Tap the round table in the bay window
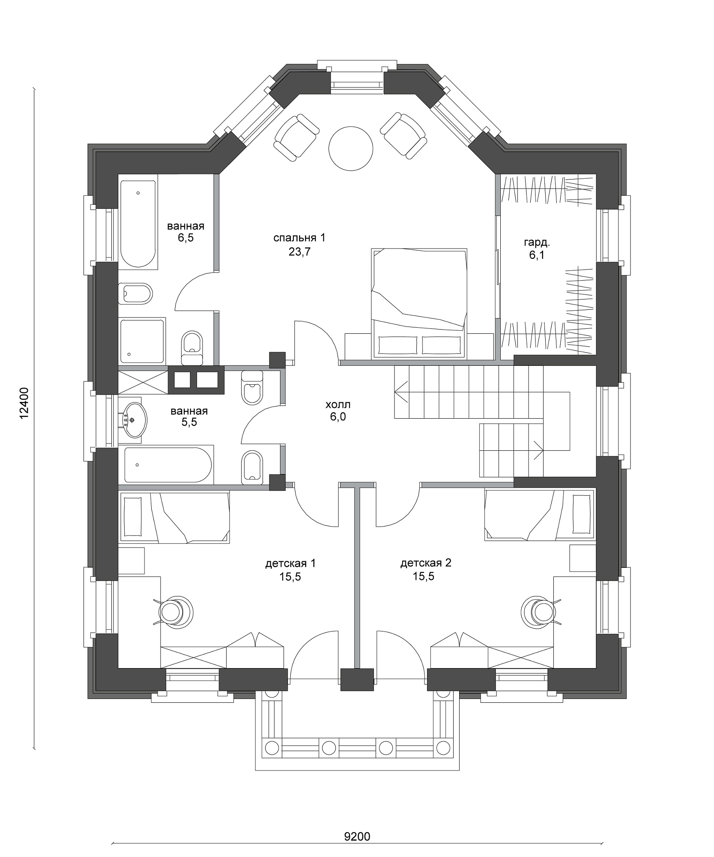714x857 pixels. click(350, 148)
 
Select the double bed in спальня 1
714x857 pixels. click(418, 302)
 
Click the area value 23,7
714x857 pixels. click(299, 252)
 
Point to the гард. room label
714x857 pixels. click(537, 243)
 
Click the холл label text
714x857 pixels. click(338, 405)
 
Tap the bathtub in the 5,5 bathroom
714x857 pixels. click(168, 464)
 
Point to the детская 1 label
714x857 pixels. click(290, 563)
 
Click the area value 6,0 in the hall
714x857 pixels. click(338, 417)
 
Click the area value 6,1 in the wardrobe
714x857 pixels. click(537, 256)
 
